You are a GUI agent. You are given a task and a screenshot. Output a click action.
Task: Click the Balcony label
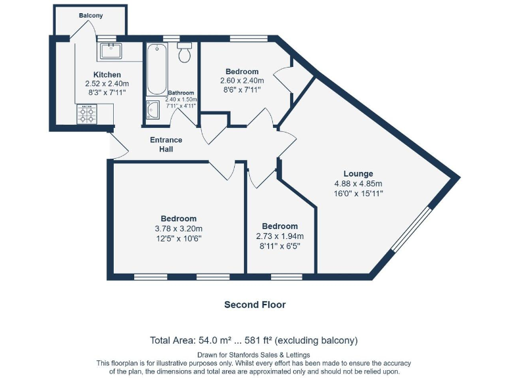(91, 15)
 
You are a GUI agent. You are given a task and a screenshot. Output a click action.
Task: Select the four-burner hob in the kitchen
(87, 115)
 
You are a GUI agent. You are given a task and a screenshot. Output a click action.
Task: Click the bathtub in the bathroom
(156, 70)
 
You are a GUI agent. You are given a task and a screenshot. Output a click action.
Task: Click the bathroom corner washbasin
(152, 111)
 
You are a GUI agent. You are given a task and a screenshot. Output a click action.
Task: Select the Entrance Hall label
(166, 144)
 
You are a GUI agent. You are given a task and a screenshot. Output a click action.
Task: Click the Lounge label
(358, 174)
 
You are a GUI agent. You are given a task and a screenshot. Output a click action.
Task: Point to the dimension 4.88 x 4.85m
(358, 184)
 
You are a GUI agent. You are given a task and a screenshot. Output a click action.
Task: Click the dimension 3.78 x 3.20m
(178, 228)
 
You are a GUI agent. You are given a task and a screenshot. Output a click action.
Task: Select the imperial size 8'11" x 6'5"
(279, 246)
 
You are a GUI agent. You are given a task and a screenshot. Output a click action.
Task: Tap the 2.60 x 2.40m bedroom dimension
(241, 81)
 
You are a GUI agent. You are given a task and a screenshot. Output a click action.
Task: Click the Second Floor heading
(254, 304)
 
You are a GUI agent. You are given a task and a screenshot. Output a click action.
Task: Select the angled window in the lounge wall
(412, 229)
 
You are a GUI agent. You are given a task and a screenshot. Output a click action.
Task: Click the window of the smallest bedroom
(282, 276)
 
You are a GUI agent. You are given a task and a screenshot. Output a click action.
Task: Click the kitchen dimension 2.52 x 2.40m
(107, 84)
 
